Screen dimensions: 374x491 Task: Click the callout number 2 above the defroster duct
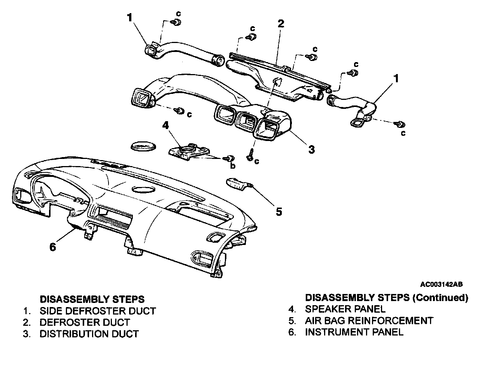coord(281,24)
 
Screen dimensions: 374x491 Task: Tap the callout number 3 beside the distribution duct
coord(311,150)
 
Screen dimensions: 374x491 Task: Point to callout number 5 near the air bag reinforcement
coord(278,212)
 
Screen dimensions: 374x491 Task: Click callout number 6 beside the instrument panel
coord(53,247)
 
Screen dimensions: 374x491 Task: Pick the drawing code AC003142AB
coord(441,284)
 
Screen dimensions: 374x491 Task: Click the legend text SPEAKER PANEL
coord(345,309)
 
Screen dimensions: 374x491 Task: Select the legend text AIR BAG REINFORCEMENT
coord(369,321)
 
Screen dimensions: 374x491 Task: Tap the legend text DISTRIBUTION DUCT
coord(89,334)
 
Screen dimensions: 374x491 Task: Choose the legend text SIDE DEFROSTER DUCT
coord(97,311)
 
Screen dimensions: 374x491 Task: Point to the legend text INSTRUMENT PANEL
coord(354,332)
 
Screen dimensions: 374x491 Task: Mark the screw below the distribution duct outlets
coord(250,156)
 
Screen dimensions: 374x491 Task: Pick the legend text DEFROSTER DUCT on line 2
coord(85,322)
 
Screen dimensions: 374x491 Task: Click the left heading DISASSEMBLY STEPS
coord(92,299)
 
